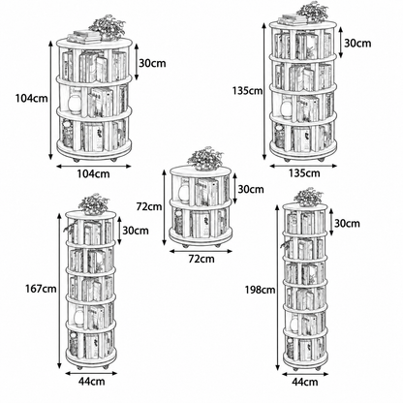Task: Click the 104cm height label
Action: pyautogui.click(x=32, y=98)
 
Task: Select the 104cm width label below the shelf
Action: pyautogui.click(x=93, y=173)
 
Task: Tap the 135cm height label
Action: pyautogui.click(x=247, y=91)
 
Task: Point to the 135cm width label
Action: pyautogui.click(x=304, y=173)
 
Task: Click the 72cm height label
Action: pyautogui.click(x=149, y=206)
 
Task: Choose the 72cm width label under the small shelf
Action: pyautogui.click(x=201, y=259)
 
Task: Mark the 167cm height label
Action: pyautogui.click(x=41, y=289)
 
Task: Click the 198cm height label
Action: pyautogui.click(x=260, y=290)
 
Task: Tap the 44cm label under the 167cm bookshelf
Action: pyautogui.click(x=92, y=382)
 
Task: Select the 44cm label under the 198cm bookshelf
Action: pyautogui.click(x=305, y=382)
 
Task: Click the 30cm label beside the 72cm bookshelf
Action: pyautogui.click(x=251, y=189)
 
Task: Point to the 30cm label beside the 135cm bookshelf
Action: pyautogui.click(x=357, y=43)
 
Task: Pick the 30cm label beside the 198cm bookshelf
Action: pyautogui.click(x=347, y=223)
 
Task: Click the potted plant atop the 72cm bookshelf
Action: pyautogui.click(x=205, y=158)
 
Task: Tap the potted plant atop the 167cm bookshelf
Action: pyautogui.click(x=94, y=204)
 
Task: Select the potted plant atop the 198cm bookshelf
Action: pyautogui.click(x=308, y=197)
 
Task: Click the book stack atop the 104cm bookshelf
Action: pyautogui.click(x=84, y=37)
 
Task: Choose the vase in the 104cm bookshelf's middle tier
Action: pyautogui.click(x=74, y=104)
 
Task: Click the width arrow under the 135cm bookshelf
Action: pyautogui.click(x=303, y=166)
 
